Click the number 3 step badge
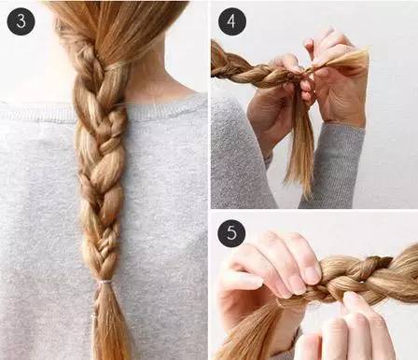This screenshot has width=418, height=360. click(x=21, y=21)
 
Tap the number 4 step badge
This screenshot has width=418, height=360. click(x=232, y=21)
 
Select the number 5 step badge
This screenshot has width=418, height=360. click(x=231, y=233)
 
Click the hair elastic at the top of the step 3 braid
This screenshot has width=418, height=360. click(x=117, y=65)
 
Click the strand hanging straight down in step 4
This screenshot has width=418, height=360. click(x=300, y=146)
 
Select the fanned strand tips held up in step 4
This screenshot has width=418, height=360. click(x=345, y=60)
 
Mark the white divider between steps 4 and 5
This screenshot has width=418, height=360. click(x=314, y=211)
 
